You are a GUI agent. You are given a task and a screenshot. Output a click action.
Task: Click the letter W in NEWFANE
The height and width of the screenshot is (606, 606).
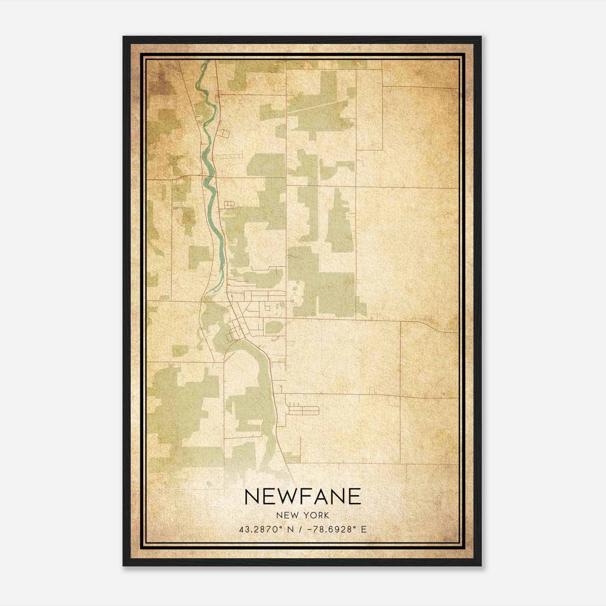(x=285, y=497)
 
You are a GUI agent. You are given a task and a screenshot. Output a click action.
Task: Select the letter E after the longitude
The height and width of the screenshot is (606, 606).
(x=364, y=529)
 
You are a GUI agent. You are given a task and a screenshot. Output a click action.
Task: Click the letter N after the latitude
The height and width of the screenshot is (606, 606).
(x=291, y=529)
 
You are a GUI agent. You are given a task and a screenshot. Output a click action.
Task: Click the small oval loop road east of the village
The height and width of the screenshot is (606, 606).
(x=292, y=301)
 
